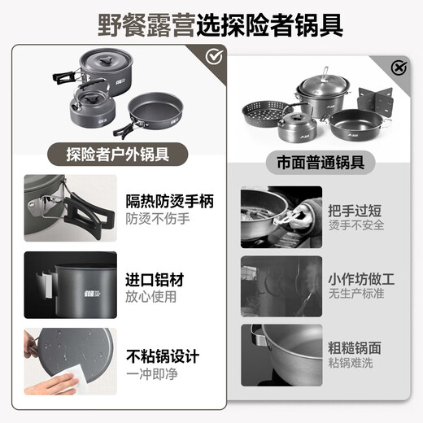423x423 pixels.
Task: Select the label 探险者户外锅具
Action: [x=118, y=152]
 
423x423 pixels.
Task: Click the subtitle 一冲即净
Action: [x=151, y=375]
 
